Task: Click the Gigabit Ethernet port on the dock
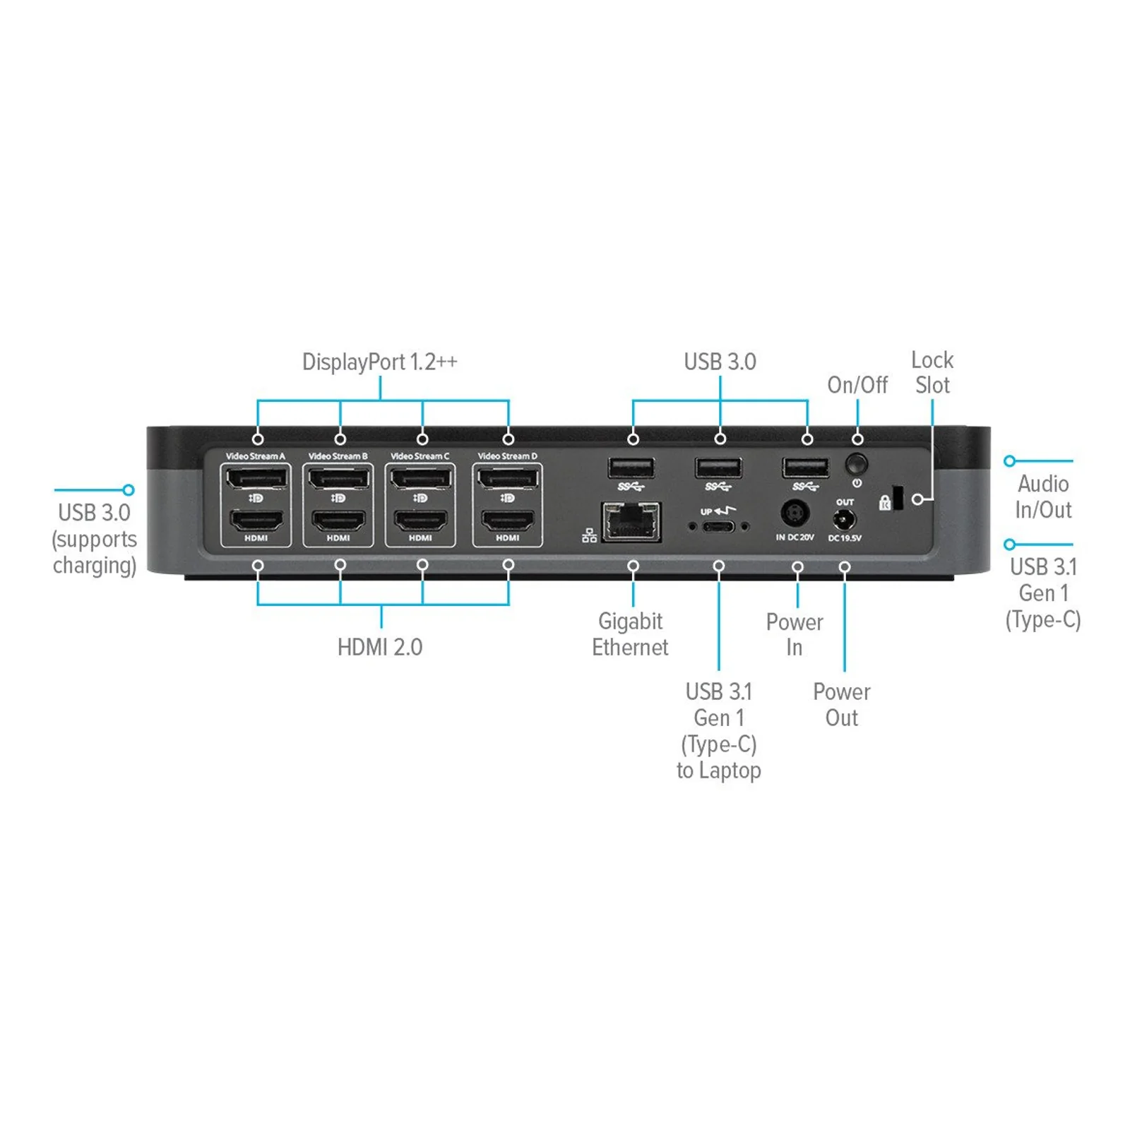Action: pos(631,522)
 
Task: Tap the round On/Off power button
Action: pos(856,464)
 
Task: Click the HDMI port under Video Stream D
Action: pos(508,521)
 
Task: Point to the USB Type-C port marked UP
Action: pos(718,526)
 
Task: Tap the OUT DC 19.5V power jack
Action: pos(844,521)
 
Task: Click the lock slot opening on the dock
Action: pos(898,497)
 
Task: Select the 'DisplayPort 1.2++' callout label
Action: pos(380,362)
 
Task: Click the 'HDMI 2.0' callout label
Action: pos(380,647)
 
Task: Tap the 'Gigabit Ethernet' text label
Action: pos(630,634)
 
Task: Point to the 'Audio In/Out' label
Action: pos(1043,496)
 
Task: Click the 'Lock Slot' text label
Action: pos(932,372)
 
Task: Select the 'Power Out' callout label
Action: pos(842,704)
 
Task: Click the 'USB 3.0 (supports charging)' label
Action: pos(95,539)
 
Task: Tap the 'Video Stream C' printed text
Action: pos(420,456)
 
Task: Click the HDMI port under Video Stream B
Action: pos(338,521)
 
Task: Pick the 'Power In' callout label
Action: pos(795,634)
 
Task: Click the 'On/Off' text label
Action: pos(857,385)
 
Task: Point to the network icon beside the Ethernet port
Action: pos(590,536)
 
